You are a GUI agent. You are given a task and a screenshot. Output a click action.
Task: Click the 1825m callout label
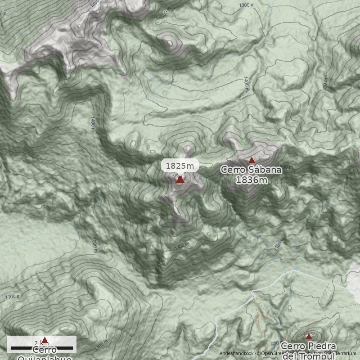point(180,166)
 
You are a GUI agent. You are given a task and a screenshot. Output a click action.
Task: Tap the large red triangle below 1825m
point(180,180)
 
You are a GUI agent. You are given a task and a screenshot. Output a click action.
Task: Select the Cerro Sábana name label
point(251,170)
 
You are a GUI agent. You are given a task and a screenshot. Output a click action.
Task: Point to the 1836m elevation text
point(252,180)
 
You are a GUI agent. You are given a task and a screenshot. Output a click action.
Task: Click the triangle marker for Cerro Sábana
point(252,160)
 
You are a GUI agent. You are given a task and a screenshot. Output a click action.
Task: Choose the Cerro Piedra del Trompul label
point(309,350)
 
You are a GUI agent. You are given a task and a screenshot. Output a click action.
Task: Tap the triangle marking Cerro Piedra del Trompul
point(309,336)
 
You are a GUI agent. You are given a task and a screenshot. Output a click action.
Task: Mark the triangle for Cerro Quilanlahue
point(45,340)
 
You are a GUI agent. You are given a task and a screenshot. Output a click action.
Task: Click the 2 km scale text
point(41,343)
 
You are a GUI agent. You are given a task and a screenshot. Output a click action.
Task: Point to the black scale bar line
point(41,348)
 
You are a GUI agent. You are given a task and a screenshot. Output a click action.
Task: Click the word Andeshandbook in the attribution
point(237,354)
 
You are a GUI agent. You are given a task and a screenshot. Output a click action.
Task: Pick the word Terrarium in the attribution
point(346,354)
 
